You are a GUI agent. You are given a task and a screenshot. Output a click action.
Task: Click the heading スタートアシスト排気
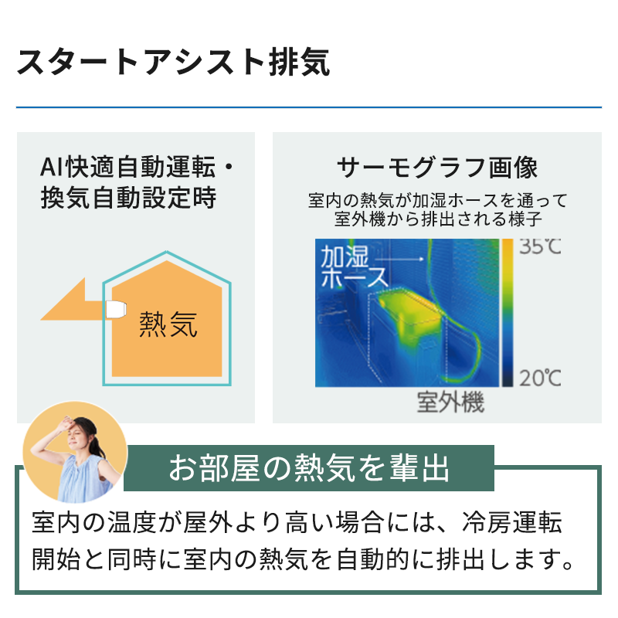pos(173,62)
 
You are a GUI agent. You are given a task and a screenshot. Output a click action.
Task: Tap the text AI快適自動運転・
pos(137,167)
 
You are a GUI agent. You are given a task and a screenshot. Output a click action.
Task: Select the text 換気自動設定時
pos(128,198)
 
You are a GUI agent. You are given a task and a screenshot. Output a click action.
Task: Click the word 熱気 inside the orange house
pos(168,324)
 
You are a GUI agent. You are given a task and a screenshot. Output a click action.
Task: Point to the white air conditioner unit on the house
pos(116,309)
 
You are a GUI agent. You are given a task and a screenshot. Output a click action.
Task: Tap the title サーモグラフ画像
pos(437,167)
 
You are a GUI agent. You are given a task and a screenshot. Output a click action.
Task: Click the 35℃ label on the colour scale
pos(540,246)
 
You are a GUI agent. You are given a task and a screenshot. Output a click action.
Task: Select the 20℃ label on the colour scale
pos(540,378)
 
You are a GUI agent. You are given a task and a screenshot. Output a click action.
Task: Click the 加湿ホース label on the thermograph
pos(354,266)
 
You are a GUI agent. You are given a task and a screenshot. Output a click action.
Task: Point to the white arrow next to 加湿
pos(399,259)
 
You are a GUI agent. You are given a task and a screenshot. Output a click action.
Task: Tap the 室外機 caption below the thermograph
pos(450,402)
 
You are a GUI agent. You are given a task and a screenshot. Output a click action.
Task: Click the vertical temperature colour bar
pos(508,313)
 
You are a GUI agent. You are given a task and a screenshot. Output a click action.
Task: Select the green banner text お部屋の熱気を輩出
pos(309,468)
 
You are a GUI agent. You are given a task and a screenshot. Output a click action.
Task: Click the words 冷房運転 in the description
pos(512,523)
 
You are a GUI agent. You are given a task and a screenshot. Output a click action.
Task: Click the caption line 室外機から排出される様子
pos(438,219)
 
